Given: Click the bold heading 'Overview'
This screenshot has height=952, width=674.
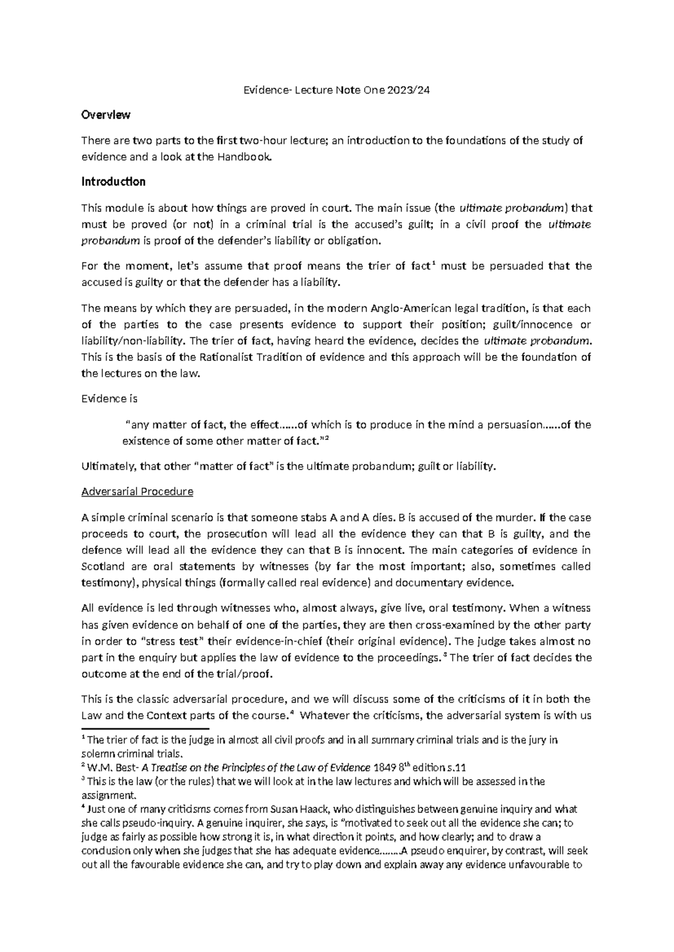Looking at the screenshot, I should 106,115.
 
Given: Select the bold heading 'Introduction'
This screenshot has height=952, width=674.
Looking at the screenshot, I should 113,182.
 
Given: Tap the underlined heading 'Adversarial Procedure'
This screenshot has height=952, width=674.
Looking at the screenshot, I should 137,492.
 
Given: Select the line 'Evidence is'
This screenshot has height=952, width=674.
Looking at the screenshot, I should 109,399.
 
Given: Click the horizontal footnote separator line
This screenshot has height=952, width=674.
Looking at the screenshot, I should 145,729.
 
